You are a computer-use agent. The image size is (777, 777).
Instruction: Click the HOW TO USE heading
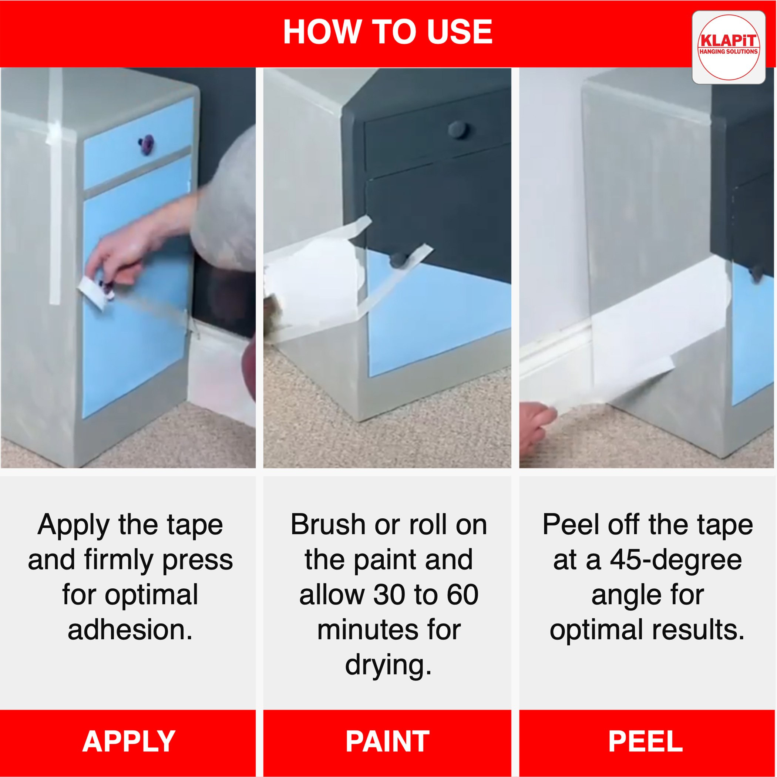[388, 32]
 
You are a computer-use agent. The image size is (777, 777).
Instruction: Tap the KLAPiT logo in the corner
[728, 47]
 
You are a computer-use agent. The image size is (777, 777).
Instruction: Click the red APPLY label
[129, 741]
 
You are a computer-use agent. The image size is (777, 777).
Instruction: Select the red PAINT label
[388, 741]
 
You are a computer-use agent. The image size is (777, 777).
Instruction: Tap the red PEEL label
[646, 741]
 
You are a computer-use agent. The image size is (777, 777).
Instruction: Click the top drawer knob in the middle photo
[457, 129]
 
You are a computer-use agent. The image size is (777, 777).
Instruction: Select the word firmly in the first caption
[119, 561]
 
